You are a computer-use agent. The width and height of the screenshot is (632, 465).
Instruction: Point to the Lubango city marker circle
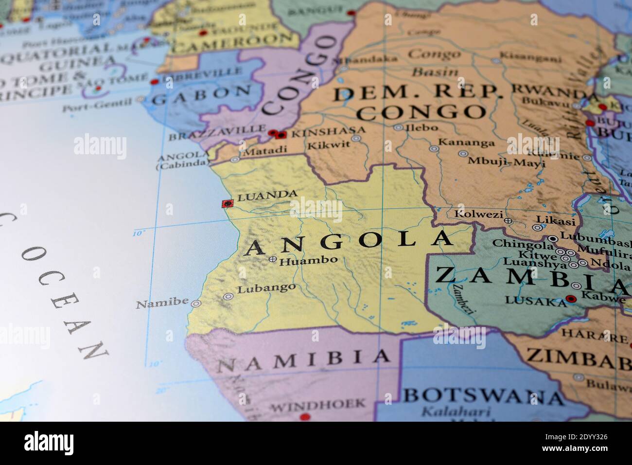click(x=228, y=296)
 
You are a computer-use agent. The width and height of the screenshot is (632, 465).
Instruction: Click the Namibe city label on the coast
click(x=161, y=304)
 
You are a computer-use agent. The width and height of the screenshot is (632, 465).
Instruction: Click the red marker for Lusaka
click(x=571, y=298)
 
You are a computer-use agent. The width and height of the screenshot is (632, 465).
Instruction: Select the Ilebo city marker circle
click(x=398, y=127)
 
